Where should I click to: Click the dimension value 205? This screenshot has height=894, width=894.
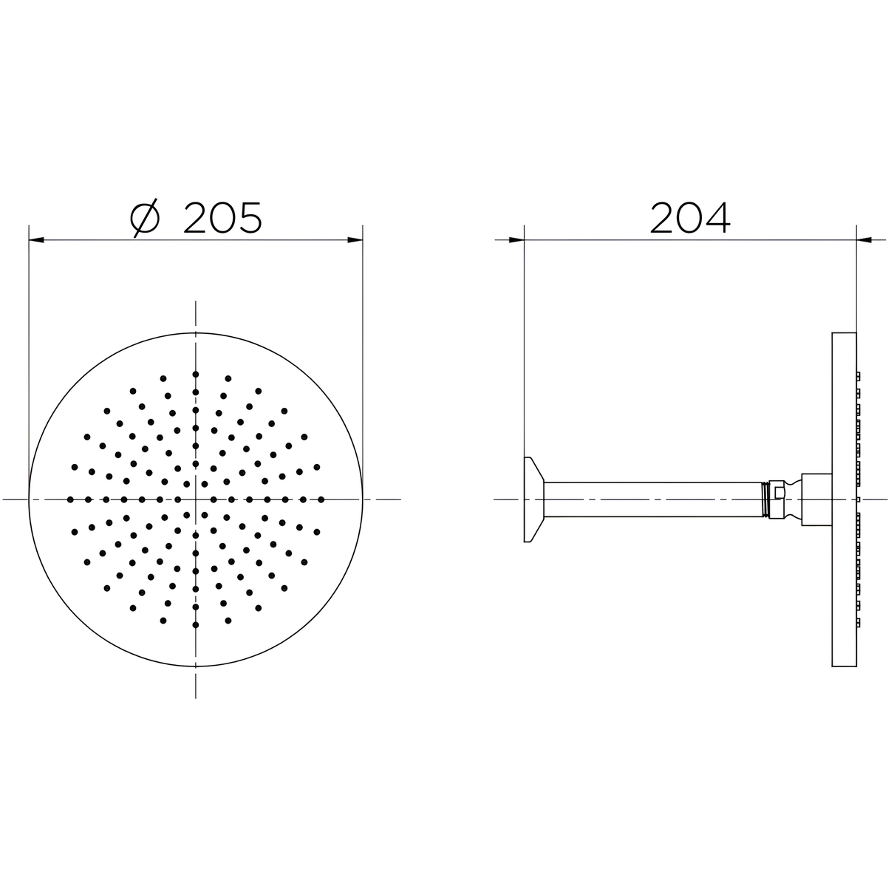pyautogui.click(x=222, y=217)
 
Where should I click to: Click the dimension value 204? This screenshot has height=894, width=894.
pyautogui.click(x=690, y=217)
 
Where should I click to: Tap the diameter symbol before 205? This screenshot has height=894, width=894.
pyautogui.click(x=145, y=217)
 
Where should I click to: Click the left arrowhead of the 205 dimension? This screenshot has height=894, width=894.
pyautogui.click(x=36, y=240)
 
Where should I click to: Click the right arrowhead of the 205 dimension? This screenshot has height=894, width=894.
pyautogui.click(x=355, y=240)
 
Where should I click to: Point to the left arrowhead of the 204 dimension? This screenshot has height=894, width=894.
pyautogui.click(x=516, y=240)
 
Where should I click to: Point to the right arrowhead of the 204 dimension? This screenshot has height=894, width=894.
pyautogui.click(x=864, y=240)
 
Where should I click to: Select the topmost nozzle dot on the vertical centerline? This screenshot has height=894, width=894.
pyautogui.click(x=195, y=374)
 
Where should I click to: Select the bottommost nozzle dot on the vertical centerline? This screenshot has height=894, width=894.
pyautogui.click(x=195, y=625)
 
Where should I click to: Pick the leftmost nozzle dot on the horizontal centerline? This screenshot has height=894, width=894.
pyautogui.click(x=70, y=499)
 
